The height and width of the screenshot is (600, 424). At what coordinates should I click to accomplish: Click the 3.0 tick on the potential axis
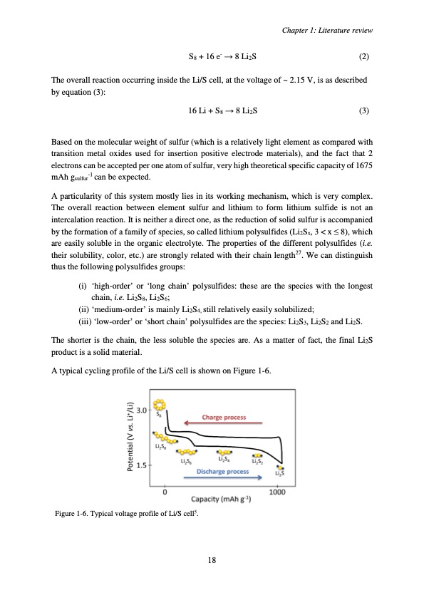pos(142,410)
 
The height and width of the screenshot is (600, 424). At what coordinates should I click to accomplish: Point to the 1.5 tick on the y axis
pos(142,465)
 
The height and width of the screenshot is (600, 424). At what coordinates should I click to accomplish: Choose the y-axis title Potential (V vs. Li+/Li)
pos(130,435)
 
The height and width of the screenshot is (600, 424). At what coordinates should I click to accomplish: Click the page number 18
pos(212,559)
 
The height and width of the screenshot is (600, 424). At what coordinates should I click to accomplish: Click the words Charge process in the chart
pos(224,418)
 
